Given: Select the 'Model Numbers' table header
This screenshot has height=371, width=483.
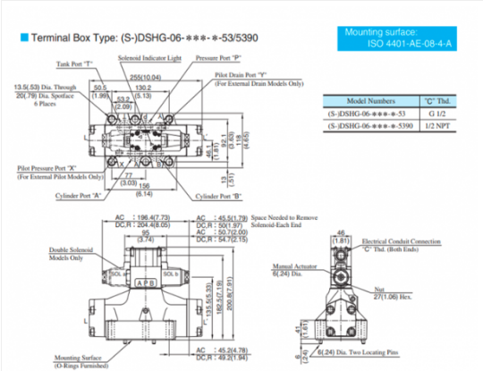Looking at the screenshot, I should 367,102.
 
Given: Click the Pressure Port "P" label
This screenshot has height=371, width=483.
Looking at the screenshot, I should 218,56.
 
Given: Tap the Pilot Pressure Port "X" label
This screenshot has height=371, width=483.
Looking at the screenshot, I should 50,167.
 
